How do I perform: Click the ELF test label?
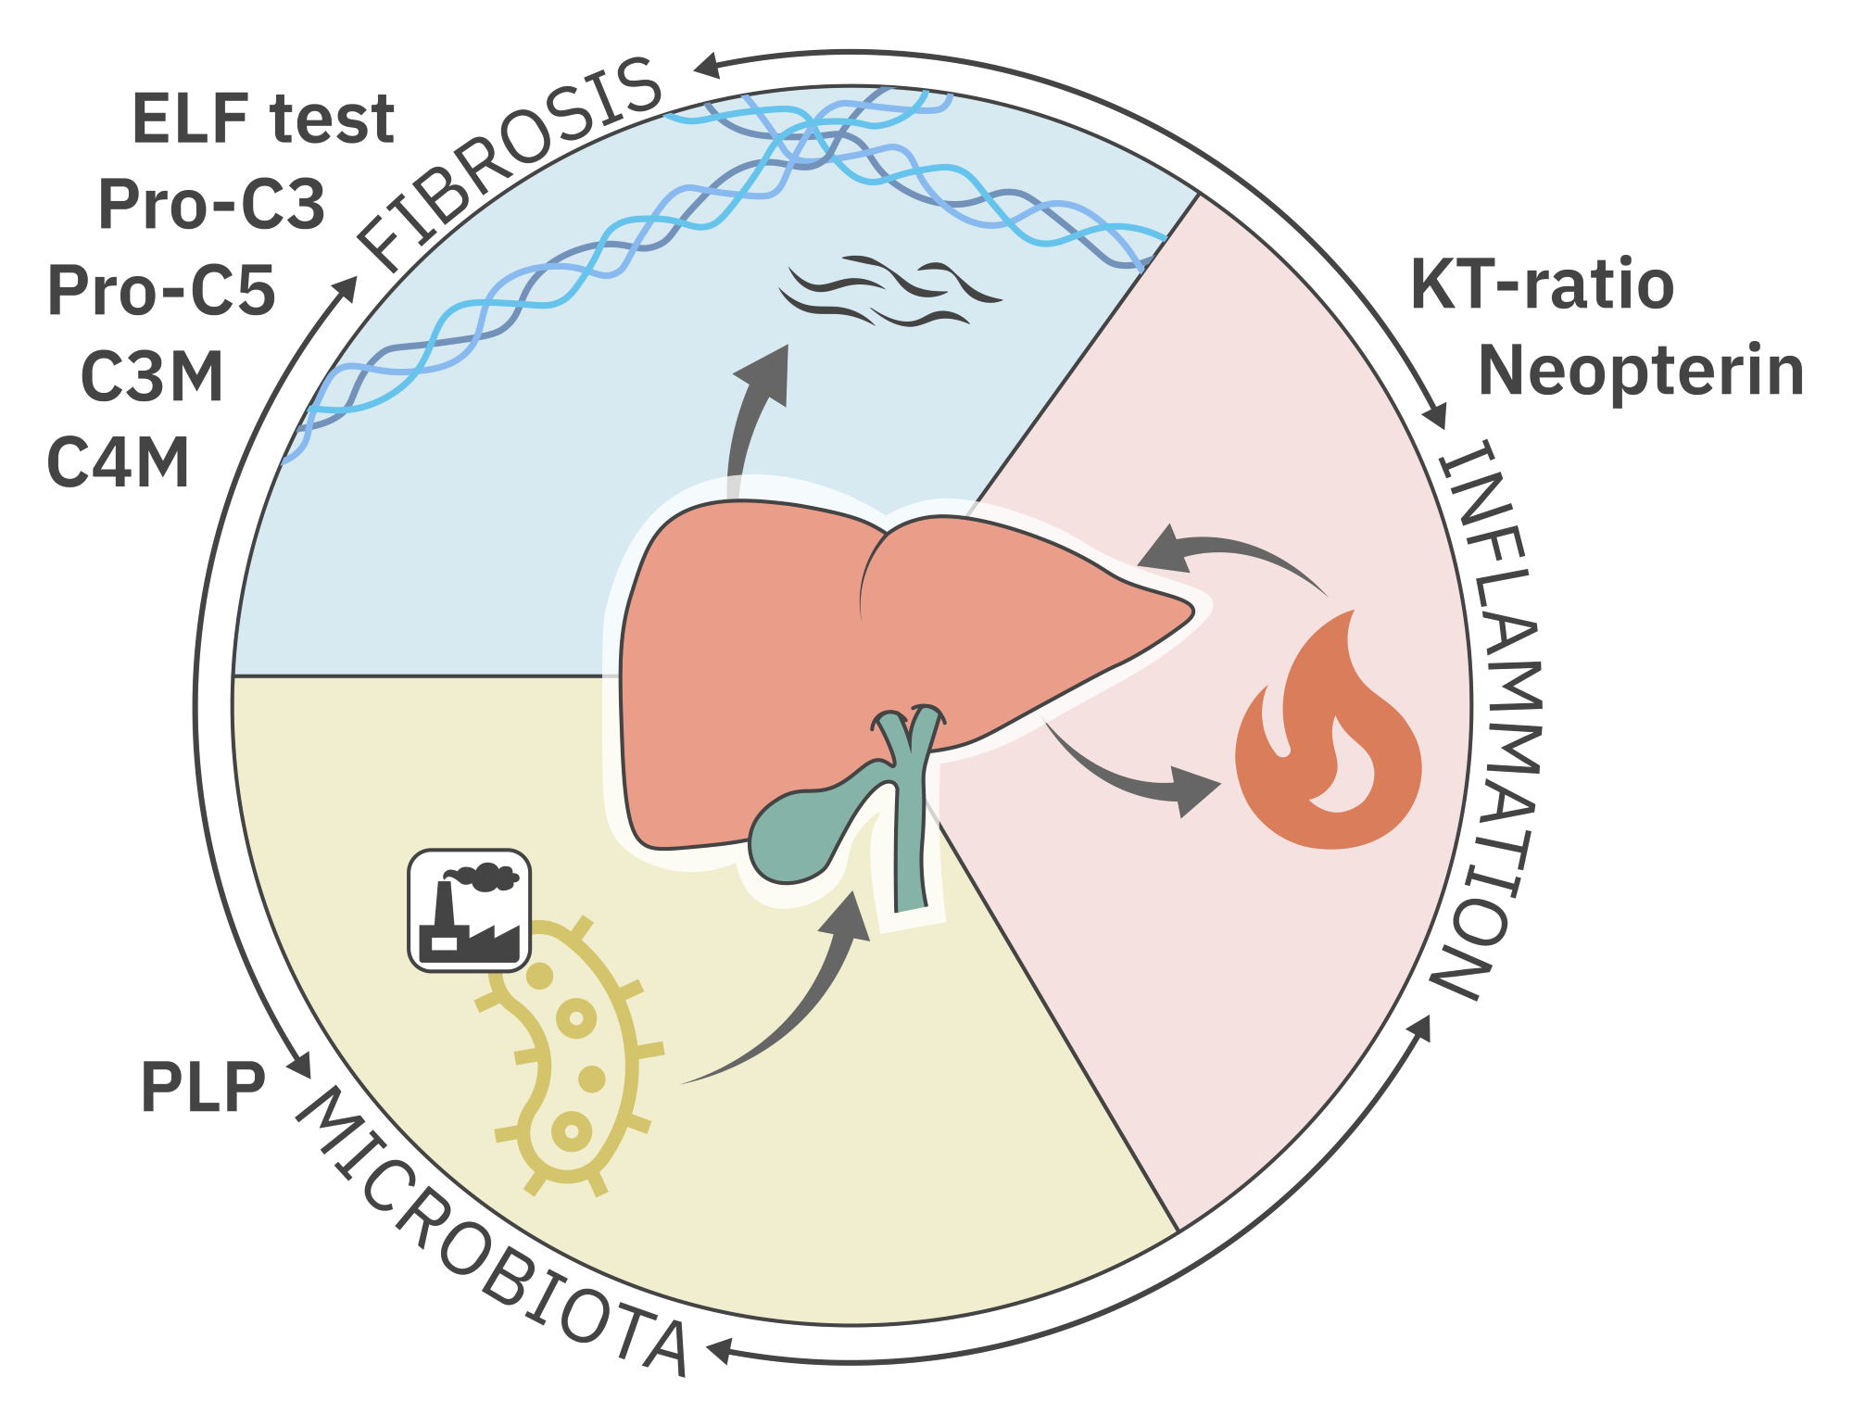point(264,119)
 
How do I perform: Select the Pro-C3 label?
point(212,204)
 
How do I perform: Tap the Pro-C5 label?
point(162,290)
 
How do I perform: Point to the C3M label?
point(153,376)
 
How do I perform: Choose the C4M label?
point(119,461)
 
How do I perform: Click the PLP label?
point(203,1086)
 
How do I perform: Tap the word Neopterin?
point(1641,371)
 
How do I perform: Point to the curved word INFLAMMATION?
point(1487,719)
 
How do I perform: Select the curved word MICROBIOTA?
point(491,1232)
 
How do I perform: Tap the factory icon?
point(470,910)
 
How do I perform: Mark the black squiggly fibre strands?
point(889,291)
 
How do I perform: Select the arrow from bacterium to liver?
point(797,1010)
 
